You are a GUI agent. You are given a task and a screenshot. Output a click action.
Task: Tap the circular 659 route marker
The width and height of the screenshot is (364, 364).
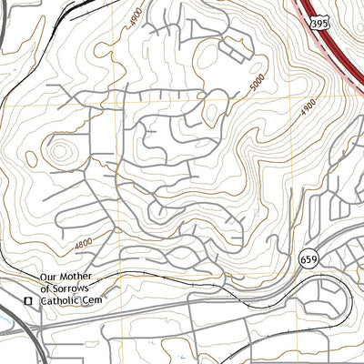[306, 260]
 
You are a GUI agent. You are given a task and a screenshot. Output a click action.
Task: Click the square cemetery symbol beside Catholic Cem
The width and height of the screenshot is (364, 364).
[28, 300]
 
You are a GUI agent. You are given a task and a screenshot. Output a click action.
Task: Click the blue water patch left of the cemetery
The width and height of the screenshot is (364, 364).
[5, 319]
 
